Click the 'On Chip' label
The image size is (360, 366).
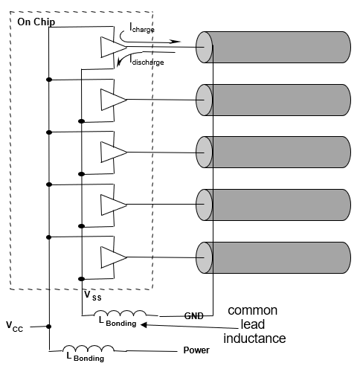pos(36,22)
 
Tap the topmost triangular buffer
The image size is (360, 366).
pos(112,47)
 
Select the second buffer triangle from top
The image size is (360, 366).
pos(112,99)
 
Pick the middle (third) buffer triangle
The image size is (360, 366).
pos(112,151)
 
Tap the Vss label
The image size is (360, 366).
pos(91,295)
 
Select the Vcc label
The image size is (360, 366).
pos(16,326)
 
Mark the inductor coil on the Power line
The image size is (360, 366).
pos(88,348)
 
